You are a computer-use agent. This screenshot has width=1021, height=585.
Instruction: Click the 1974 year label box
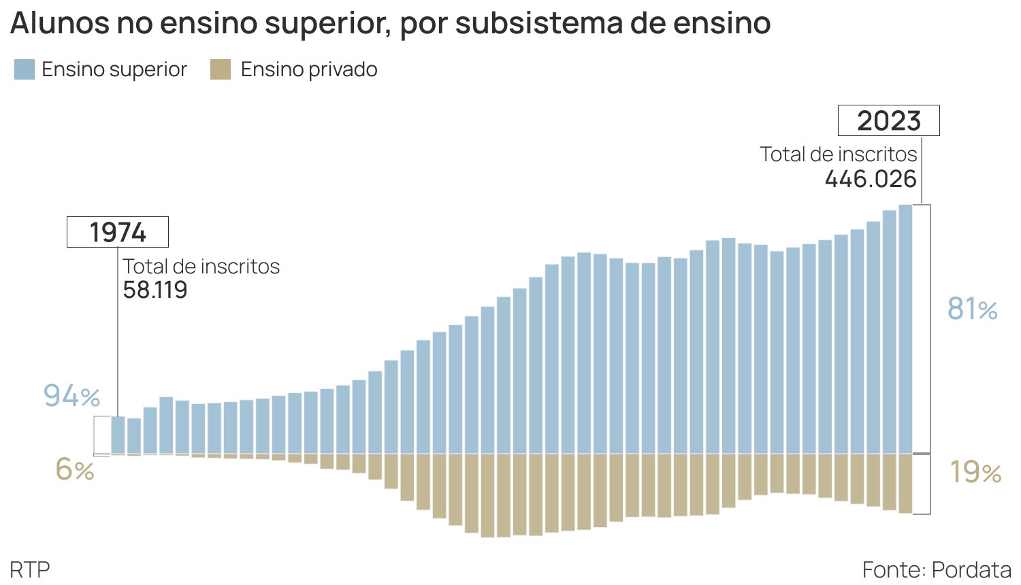(x=117, y=232)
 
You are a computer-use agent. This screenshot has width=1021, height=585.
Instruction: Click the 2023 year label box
(x=888, y=120)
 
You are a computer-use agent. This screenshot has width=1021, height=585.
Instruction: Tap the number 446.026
(x=871, y=179)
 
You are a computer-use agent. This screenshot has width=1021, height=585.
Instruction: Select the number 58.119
(x=155, y=290)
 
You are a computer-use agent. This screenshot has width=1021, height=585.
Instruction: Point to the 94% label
(x=71, y=395)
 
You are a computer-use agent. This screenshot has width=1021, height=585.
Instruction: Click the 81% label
(x=972, y=309)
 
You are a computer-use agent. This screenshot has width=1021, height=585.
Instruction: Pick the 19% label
(x=975, y=472)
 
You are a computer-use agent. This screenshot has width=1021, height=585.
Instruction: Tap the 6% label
(x=74, y=469)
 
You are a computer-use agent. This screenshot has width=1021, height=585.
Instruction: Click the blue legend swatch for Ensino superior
(x=25, y=69)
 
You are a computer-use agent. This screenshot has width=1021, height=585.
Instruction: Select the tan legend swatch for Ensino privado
(x=221, y=69)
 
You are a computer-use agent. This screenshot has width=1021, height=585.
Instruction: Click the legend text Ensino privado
(x=309, y=69)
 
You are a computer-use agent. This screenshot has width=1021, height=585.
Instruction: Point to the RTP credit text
(x=30, y=569)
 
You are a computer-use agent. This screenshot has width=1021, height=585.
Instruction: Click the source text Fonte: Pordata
(x=937, y=569)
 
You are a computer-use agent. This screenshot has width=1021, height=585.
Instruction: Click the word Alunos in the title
(x=59, y=23)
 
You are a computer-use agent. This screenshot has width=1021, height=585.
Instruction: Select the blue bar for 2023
(x=905, y=329)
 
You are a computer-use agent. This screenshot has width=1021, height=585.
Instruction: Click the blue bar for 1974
(x=118, y=435)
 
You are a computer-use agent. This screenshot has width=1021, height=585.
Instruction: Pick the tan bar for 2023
(x=905, y=484)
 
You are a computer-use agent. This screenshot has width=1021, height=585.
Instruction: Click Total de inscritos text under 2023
(x=839, y=154)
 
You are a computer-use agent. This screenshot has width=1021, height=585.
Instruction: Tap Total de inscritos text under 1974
(x=201, y=266)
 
